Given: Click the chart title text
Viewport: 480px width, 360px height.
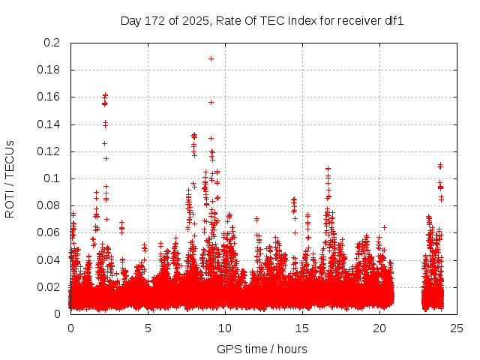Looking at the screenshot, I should coord(262,20).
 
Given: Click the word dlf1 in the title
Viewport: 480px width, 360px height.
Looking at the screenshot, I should coord(394,20).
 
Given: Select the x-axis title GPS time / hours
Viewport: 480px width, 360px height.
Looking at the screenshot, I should coord(262,349).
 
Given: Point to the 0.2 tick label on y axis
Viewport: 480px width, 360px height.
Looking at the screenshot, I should coord(52,43).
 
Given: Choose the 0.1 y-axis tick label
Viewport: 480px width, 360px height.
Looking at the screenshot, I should coord(52,178).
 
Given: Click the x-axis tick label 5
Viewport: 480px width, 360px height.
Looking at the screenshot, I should coord(148,328).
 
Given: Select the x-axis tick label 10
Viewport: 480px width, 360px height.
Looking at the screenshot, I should coord(225,328).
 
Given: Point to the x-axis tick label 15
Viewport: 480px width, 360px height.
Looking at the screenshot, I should coord(302,328).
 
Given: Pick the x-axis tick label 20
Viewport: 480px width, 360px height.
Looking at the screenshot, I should coord(379,328).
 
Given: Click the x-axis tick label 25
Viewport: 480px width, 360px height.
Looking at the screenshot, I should coord(456,328).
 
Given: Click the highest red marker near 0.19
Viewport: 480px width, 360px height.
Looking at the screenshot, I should coord(211,58).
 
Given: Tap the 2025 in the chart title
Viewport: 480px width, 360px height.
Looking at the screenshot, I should coord(193,20).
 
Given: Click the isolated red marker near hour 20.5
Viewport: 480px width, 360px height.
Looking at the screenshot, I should coord(384,227).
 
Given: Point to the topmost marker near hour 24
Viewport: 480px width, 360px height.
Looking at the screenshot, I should coord(440,165).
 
